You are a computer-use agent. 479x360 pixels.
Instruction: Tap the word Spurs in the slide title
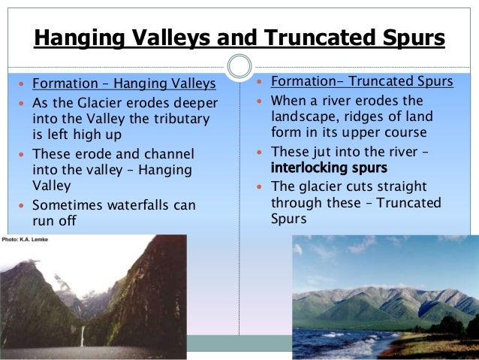[x=408, y=38]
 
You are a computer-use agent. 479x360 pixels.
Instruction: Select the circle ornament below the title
[x=239, y=66]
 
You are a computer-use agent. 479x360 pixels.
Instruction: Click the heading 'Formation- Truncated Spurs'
[x=361, y=81]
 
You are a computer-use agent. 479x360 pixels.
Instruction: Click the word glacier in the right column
[x=320, y=186]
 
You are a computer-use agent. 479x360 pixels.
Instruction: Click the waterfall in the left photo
[x=82, y=334]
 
